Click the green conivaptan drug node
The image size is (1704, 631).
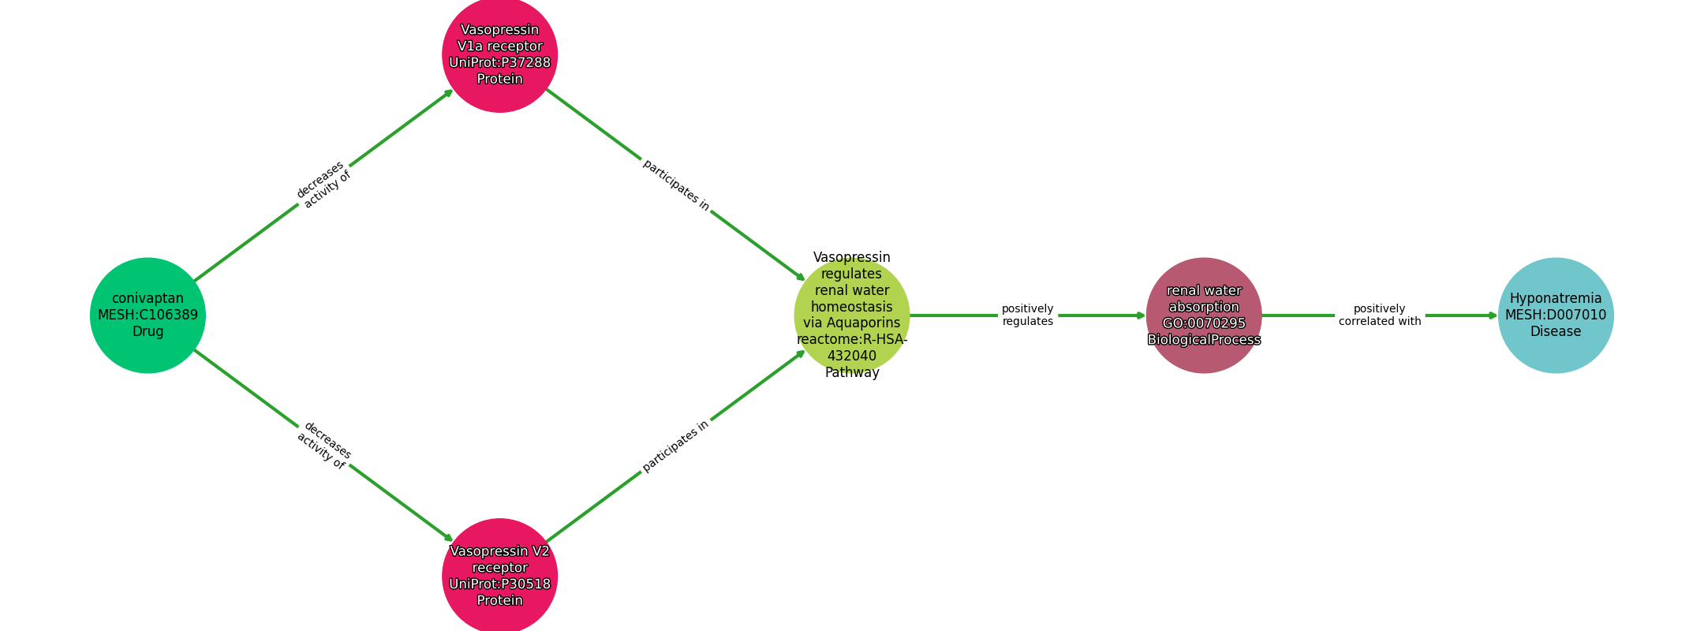(x=148, y=315)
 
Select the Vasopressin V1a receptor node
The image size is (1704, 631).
(x=499, y=54)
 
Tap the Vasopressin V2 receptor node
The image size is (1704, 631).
(x=499, y=576)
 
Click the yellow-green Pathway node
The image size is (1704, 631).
(x=852, y=315)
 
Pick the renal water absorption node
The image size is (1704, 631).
(x=1204, y=315)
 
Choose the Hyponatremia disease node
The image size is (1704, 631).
(x=1556, y=315)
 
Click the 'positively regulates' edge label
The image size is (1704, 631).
(x=1027, y=315)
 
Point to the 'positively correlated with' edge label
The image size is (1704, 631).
(x=1380, y=315)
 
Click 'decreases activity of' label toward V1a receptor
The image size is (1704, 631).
(x=323, y=185)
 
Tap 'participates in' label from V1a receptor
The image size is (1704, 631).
(x=676, y=185)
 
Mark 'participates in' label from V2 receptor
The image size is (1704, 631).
(x=675, y=446)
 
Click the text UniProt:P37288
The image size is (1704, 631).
(x=499, y=63)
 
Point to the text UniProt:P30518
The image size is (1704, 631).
(x=499, y=584)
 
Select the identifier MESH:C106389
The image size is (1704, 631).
(x=148, y=315)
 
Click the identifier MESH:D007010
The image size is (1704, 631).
(x=1556, y=315)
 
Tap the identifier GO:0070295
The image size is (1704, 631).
(x=1204, y=323)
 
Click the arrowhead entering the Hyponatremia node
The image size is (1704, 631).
(x=1493, y=315)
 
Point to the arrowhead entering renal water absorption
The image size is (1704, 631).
(x=1141, y=315)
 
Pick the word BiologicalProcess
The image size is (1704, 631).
(x=1204, y=340)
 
